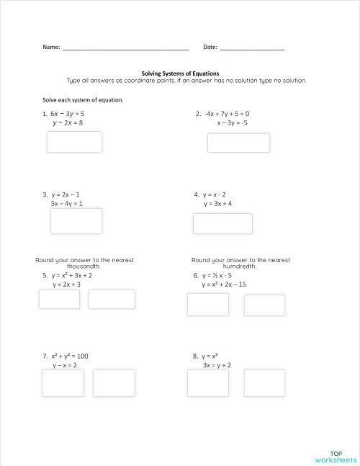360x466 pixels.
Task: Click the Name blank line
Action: [125, 48]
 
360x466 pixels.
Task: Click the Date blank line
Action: [252, 48]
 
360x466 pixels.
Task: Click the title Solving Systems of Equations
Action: [179, 73]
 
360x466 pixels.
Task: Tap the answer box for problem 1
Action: [74, 142]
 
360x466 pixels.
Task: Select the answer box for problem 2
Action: [238, 143]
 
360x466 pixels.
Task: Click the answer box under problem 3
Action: [76, 220]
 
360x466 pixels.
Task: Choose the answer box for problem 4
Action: [222, 223]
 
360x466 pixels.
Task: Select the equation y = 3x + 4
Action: [217, 204]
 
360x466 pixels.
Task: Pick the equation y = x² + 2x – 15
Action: [224, 284]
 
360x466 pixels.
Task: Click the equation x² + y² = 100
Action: [69, 356]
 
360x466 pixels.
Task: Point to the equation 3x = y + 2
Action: [217, 365]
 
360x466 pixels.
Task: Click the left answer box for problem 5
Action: [59, 299]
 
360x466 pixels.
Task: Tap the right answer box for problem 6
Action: [264, 305]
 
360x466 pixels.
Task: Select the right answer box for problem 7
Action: [114, 382]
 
